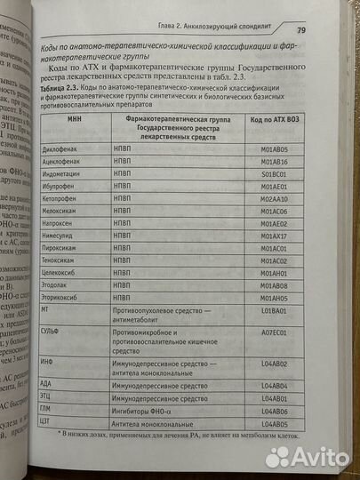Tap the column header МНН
(75, 117)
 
